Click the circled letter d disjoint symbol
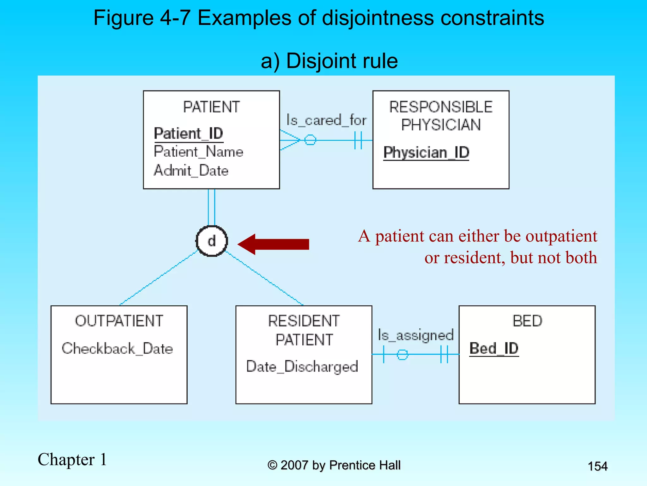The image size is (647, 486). pos(212,241)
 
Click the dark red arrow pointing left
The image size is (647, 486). pos(274,244)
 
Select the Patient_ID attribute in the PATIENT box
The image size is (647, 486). pos(189,134)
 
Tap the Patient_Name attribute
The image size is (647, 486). pos(198,152)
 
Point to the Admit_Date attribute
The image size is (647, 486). pos(191,171)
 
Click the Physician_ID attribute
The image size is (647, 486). pos(426,153)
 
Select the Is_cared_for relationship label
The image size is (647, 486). pos(326,120)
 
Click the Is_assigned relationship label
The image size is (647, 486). pos(416,335)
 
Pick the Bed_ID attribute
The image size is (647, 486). pos(494,348)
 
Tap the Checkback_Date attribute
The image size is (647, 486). pos(117,349)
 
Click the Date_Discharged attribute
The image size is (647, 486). pos(302,367)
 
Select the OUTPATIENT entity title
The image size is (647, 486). pos(119,321)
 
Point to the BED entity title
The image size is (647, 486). pos(527,321)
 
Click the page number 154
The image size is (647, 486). pos(597,466)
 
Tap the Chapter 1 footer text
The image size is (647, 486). pos(72,459)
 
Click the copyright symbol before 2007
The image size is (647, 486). pos(272,465)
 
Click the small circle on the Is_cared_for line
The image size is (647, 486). pos(310,140)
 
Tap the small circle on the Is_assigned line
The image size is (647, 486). pos(402,354)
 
